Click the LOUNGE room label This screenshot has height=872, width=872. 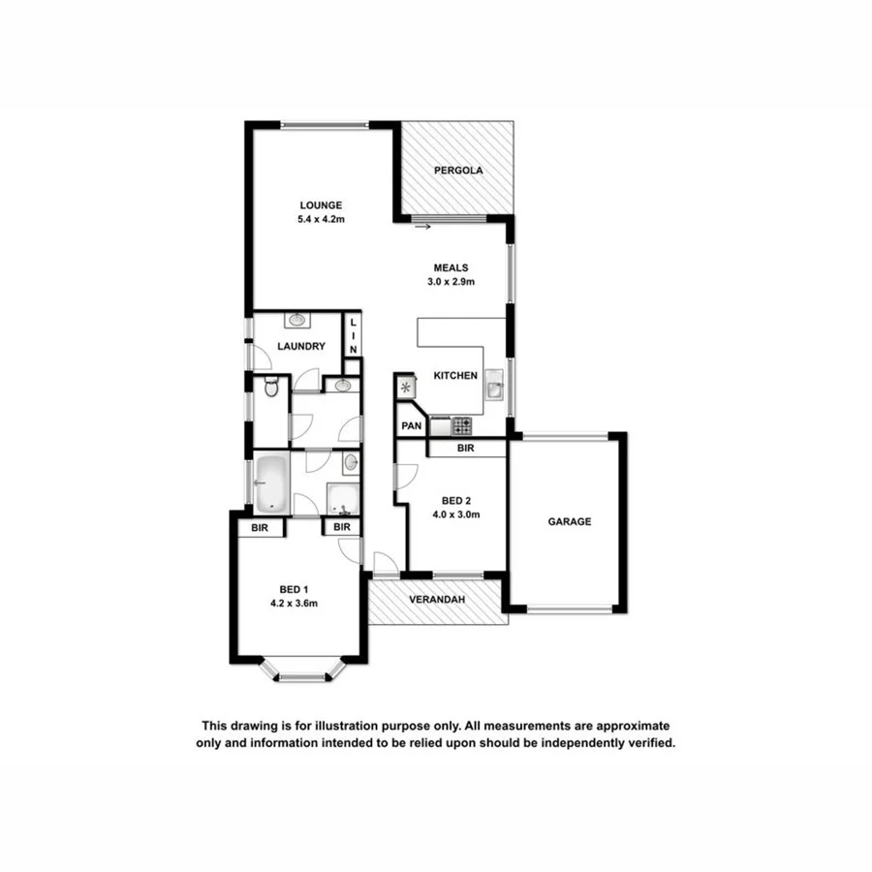321,205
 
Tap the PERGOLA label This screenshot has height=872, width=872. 458,171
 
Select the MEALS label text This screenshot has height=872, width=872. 451,267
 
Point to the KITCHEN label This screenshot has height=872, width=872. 454,376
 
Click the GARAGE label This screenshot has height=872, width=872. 570,521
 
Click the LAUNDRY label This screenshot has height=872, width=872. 300,347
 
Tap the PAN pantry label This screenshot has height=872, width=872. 411,425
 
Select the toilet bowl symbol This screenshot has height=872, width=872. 271,389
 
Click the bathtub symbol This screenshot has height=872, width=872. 271,483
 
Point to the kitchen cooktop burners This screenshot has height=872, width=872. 462,424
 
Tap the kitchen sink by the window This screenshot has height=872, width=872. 494,389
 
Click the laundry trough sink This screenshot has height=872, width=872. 297,319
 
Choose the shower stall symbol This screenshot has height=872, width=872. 343,498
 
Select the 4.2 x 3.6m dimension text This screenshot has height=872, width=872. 295,604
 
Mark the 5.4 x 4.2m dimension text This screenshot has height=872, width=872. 321,220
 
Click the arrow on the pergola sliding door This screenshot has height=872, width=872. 421,229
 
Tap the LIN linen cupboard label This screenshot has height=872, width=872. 354,335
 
